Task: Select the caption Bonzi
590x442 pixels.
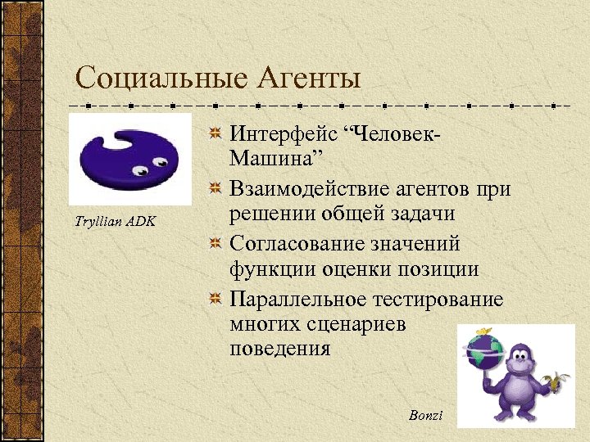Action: click(425, 416)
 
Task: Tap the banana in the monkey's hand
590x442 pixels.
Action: click(560, 381)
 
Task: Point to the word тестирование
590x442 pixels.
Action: click(435, 299)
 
